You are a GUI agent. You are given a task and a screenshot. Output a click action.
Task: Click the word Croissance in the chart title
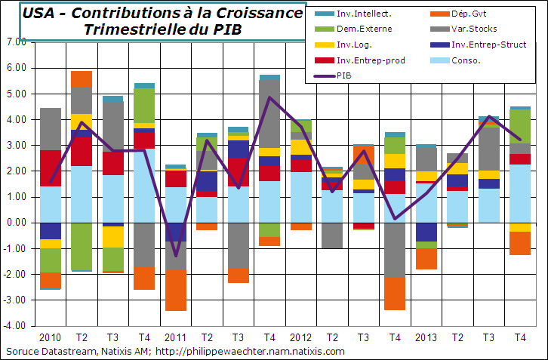tap(253, 14)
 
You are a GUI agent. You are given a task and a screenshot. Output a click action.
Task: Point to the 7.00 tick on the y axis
tap(15, 42)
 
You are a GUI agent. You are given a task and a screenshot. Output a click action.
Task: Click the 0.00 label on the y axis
tap(15, 223)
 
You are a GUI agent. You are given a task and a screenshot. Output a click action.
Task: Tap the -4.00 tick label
tap(14, 326)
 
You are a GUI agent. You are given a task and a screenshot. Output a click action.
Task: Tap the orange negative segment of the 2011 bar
tap(176, 290)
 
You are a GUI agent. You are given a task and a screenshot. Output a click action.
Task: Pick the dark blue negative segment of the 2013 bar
tap(426, 232)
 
